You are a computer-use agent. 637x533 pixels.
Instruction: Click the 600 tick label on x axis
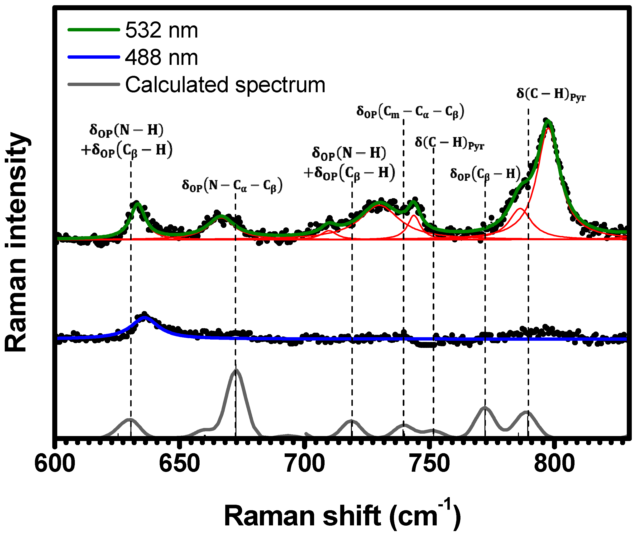(55, 464)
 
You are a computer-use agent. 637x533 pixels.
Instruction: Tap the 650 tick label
(180, 464)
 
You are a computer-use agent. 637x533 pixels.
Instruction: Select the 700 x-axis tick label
(305, 464)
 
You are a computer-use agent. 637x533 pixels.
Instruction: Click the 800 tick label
(554, 464)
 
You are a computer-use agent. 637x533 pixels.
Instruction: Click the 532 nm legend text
(161, 30)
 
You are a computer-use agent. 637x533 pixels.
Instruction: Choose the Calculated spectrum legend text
(225, 85)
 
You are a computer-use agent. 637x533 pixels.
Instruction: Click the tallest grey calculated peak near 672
(236, 370)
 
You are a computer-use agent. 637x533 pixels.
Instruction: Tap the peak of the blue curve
(145, 318)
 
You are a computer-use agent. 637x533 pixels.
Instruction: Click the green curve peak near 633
(137, 203)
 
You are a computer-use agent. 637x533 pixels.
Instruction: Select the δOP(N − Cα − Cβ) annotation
(232, 185)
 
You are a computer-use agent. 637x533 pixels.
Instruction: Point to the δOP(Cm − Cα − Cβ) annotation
(410, 112)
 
